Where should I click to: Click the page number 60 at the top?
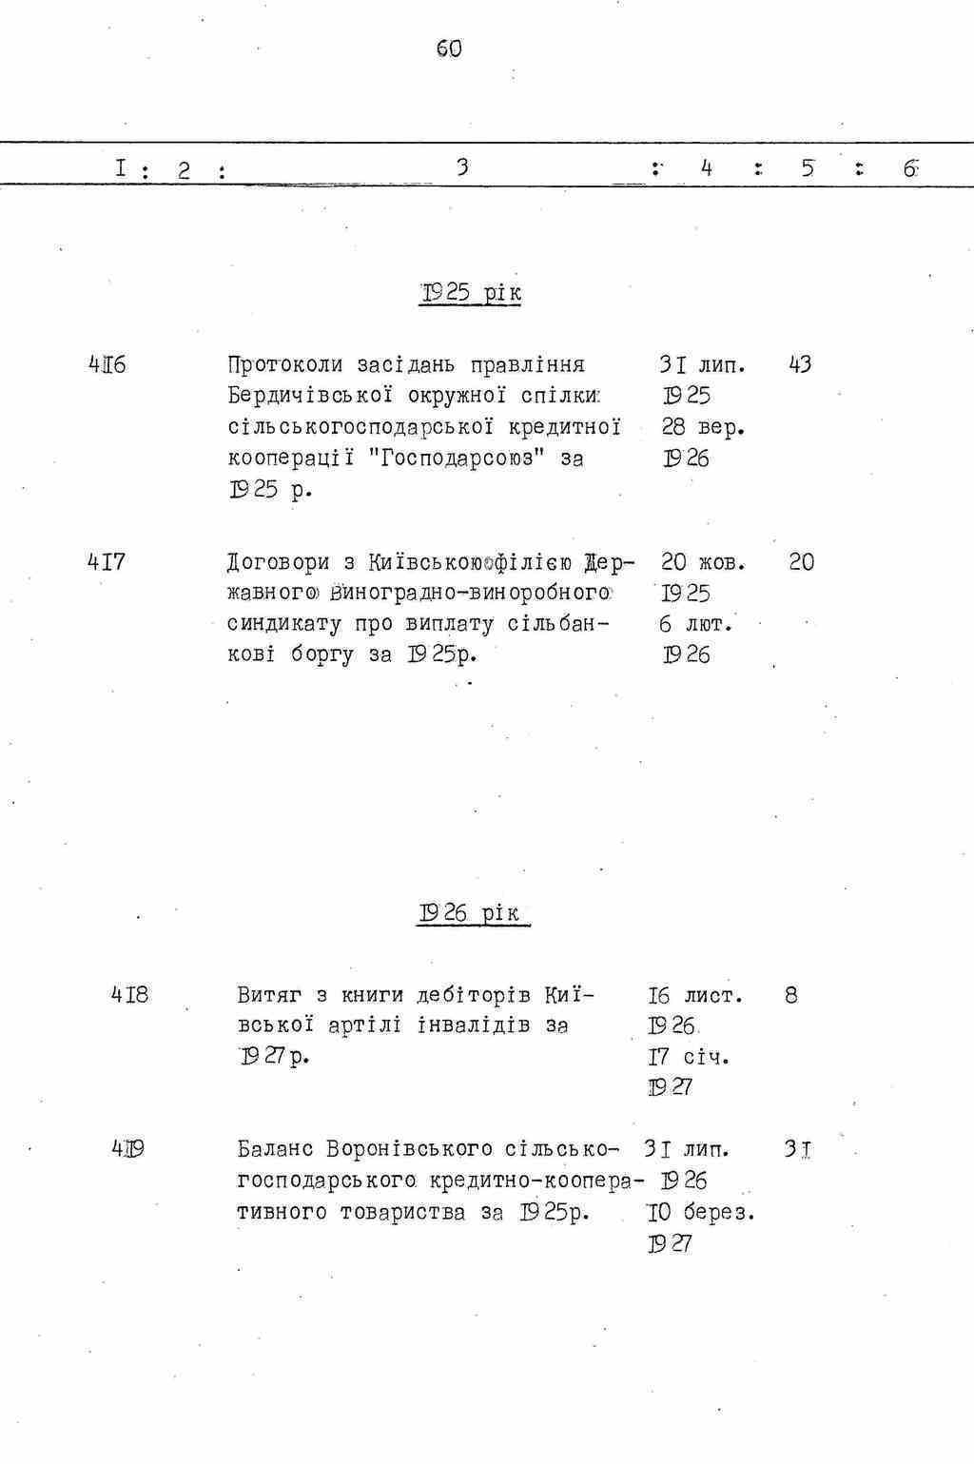coord(449,49)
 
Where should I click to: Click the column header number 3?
coord(461,167)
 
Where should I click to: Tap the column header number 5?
coord(808,168)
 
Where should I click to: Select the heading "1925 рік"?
coord(471,292)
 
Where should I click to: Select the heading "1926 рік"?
coord(471,913)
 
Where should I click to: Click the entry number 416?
coord(107,364)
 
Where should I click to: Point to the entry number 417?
coord(107,562)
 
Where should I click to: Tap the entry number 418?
coord(129,995)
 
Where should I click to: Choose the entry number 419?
coord(129,1149)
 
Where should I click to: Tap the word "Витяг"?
coord(268,996)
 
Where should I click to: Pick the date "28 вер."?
coord(703,428)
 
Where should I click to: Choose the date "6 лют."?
coord(696,625)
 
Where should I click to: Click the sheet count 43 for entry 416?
coord(800,364)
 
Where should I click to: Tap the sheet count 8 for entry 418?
coord(791,996)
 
